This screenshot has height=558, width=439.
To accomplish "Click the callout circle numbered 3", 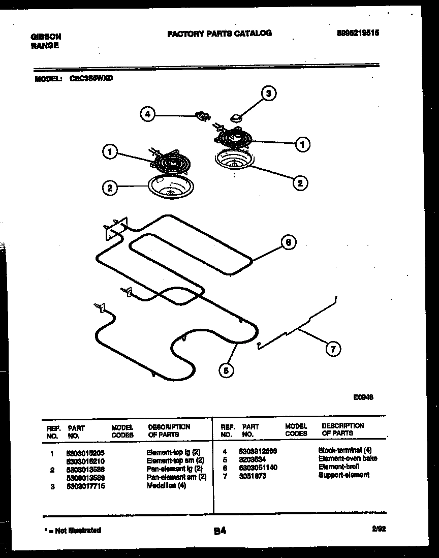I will pyautogui.click(x=269, y=93).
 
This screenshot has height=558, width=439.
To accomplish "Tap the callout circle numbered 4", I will pyautogui.click(x=147, y=115).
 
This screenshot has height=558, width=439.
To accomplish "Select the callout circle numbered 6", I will pyautogui.click(x=288, y=243).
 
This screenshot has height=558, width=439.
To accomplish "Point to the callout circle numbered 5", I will pyautogui.click(x=227, y=371).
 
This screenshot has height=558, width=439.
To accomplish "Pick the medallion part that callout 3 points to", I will pyautogui.click(x=236, y=118).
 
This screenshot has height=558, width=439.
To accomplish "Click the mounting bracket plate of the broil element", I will pyautogui.click(x=116, y=229).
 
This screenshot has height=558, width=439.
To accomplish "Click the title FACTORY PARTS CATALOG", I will pyautogui.click(x=219, y=34).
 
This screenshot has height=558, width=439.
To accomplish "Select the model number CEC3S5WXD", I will pyautogui.click(x=90, y=79).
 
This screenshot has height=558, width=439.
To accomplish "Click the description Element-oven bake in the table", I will pyautogui.click(x=348, y=458).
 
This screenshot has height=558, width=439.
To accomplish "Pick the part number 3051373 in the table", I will pyautogui.click(x=252, y=475).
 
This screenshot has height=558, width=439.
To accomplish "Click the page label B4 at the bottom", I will pyautogui.click(x=219, y=531).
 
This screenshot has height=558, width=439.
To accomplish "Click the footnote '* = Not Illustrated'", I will pyautogui.click(x=73, y=530).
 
